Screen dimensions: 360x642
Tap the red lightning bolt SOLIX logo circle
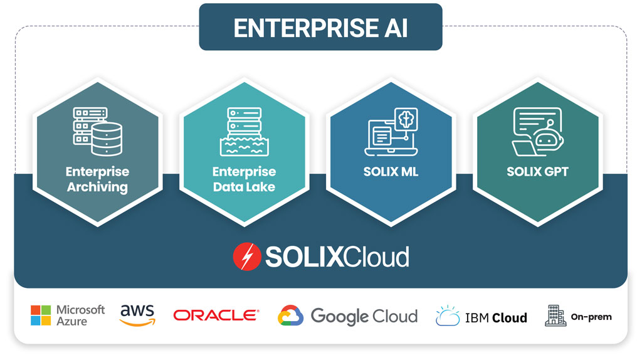[246, 257]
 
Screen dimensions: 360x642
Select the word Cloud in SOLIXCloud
[377, 257]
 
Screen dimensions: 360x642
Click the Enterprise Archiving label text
[97, 179]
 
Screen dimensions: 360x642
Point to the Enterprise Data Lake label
[244, 179]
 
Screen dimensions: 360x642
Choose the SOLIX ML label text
[391, 171]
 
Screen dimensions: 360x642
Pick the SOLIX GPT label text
[537, 171]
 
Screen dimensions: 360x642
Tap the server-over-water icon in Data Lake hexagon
[244, 132]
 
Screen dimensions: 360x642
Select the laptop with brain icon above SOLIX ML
[391, 132]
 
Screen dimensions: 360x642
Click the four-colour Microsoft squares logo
[41, 315]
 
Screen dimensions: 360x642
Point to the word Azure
[71, 322]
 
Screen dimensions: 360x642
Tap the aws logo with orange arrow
[137, 315]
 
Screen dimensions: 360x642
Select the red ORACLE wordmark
[216, 315]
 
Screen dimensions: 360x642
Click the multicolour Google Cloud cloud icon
[290, 315]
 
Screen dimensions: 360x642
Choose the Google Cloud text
[364, 315]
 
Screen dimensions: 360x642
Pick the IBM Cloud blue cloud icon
[448, 316]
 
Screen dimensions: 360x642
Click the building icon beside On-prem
[554, 315]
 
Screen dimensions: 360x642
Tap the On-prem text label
[591, 317]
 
